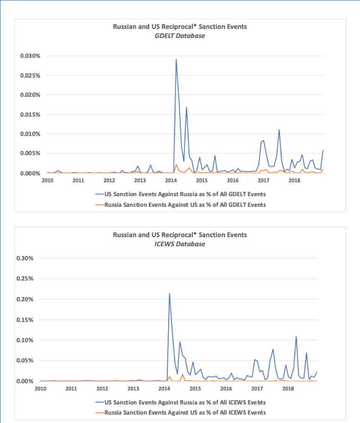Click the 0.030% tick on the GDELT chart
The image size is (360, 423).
point(30,56)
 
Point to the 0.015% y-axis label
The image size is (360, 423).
point(30,114)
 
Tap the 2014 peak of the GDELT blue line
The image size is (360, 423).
point(176,59)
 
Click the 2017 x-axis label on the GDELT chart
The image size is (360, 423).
point(263,180)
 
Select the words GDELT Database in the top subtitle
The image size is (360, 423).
point(180,36)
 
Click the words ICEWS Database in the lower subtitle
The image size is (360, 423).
point(180,244)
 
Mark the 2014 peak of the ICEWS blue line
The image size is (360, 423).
point(169,293)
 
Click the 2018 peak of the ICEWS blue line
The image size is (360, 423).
point(296,336)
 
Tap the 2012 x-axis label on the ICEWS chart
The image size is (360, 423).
point(102,388)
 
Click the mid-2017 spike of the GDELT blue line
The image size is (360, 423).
point(279,130)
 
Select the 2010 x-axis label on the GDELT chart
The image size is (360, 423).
point(47,180)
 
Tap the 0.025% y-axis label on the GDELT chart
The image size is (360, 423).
point(30,75)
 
